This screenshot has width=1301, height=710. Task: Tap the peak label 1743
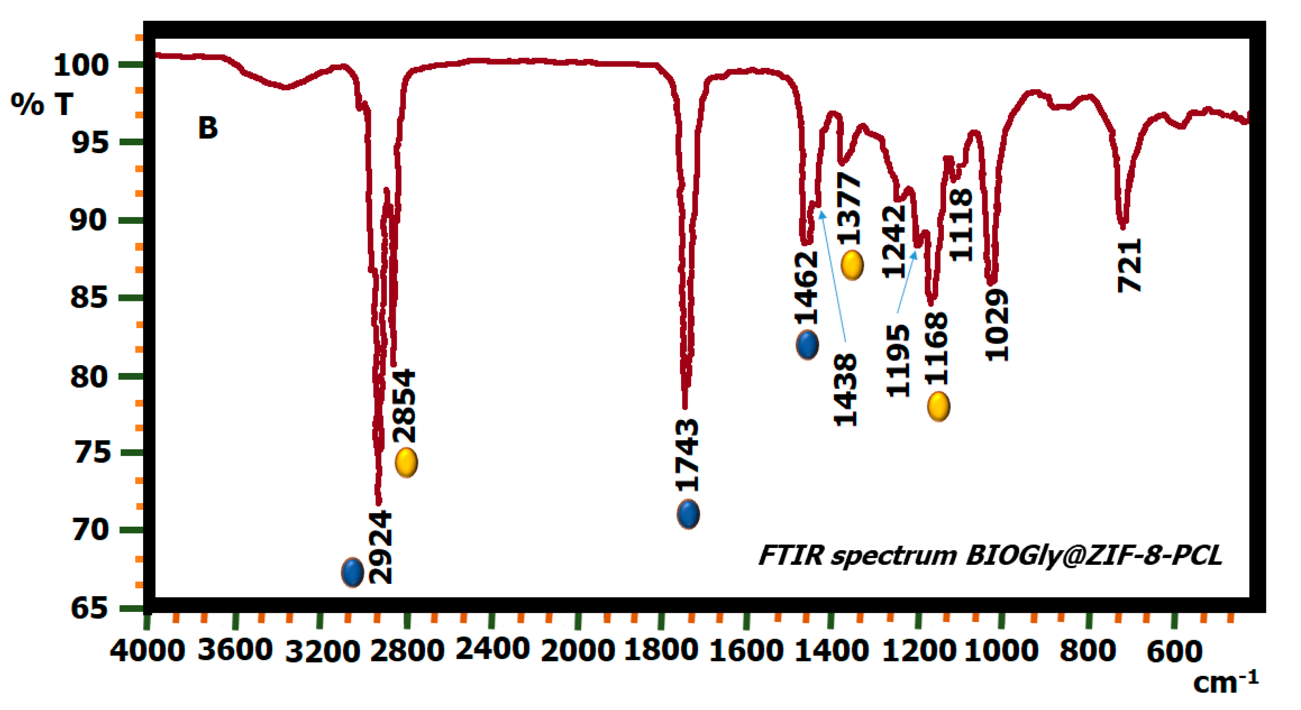pyautogui.click(x=688, y=456)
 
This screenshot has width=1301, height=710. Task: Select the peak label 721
pyautogui.click(x=1129, y=266)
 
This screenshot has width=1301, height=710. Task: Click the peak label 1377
pyautogui.click(x=849, y=209)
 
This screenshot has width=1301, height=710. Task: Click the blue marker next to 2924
pyautogui.click(x=352, y=572)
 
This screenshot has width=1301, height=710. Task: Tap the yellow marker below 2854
pyautogui.click(x=406, y=462)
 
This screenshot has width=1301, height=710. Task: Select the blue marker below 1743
pyautogui.click(x=688, y=515)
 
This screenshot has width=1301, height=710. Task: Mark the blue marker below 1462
pyautogui.click(x=807, y=345)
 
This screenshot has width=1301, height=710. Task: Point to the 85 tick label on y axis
pyautogui.click(x=89, y=297)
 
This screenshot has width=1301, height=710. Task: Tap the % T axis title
pyautogui.click(x=42, y=104)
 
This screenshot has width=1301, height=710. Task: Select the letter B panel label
pyautogui.click(x=207, y=128)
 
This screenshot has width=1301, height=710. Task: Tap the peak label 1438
pyautogui.click(x=845, y=389)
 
